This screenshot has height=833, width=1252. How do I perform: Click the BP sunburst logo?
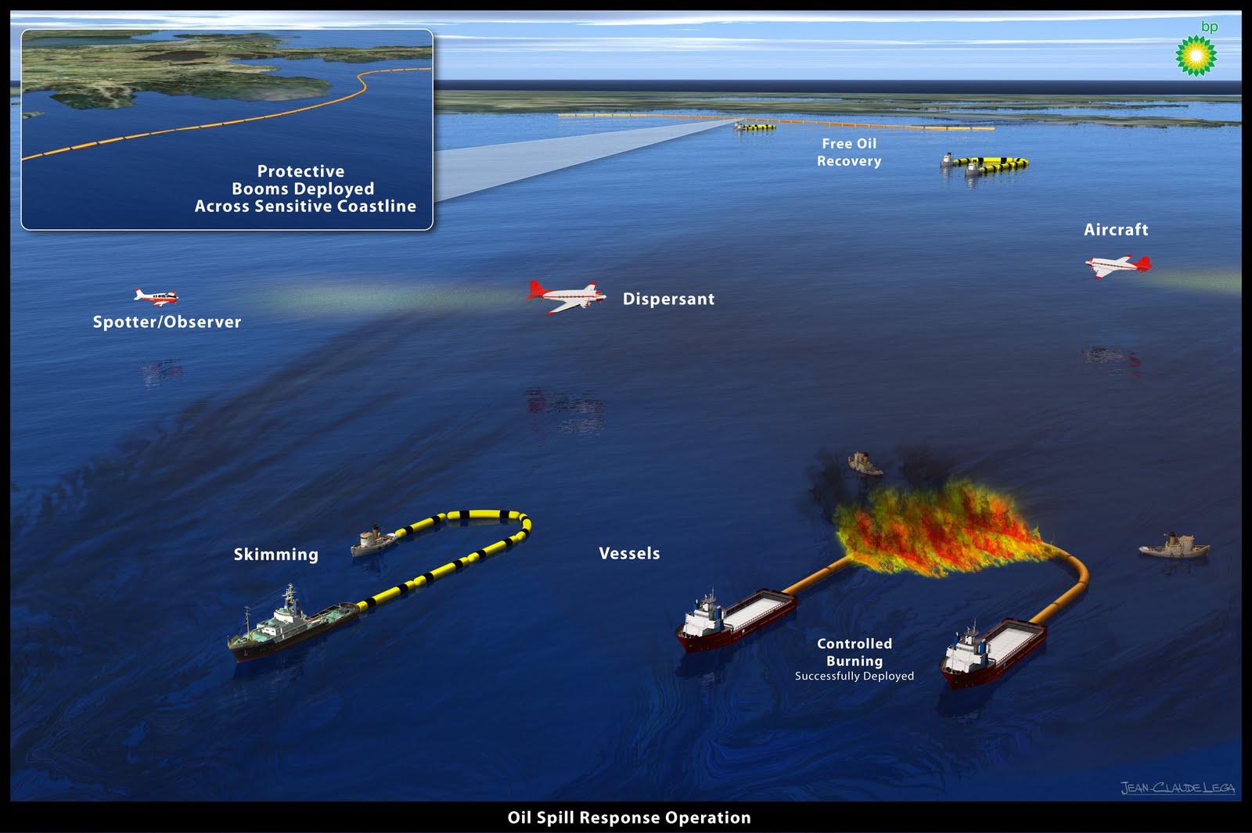tap(1196, 56)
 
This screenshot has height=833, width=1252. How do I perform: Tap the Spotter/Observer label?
tap(167, 321)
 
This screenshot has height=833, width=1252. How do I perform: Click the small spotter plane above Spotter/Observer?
tap(156, 296)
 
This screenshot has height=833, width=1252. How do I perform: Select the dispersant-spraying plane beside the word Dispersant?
tap(566, 296)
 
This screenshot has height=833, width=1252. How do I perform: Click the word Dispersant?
tap(668, 299)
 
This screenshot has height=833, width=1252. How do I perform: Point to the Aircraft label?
tap(1116, 230)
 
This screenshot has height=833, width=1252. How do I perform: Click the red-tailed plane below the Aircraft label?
tap(1118, 266)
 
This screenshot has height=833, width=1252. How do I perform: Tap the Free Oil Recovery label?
tap(849, 153)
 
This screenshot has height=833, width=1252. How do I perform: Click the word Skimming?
tap(275, 555)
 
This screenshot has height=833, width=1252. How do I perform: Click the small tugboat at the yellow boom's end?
tap(372, 540)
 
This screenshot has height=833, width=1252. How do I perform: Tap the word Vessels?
tap(629, 554)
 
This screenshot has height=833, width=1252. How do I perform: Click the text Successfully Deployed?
tap(854, 677)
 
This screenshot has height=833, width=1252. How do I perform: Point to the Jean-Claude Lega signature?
tap(1178, 788)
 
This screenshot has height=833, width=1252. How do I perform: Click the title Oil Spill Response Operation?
tap(629, 818)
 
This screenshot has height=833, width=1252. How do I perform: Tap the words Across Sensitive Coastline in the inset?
tap(305, 206)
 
